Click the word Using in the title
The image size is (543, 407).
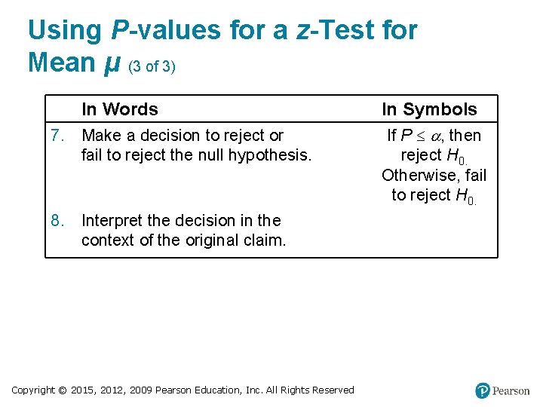64,31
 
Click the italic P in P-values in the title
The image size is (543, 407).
120,30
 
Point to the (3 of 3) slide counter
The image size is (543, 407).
152,66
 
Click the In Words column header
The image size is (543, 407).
119,109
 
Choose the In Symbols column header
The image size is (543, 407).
429,109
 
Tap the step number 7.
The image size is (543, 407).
56,136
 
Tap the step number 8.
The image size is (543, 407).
56,221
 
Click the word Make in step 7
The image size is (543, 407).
99,136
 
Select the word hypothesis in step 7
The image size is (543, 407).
273,155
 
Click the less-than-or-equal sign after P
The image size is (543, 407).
419,136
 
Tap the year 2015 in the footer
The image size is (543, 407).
84,390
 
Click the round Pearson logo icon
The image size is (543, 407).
483,390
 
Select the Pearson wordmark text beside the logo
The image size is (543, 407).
511,391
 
